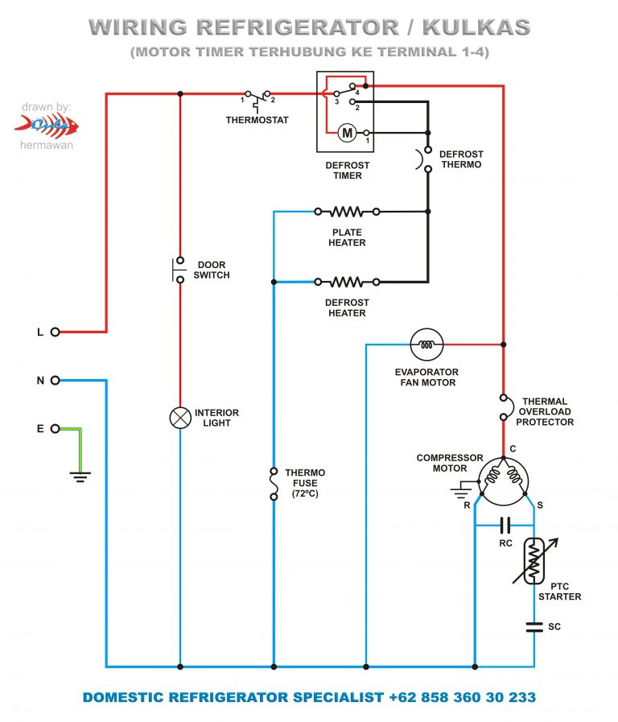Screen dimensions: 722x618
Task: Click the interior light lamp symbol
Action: coord(179,417)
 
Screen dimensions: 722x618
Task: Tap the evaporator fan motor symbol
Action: coord(426,344)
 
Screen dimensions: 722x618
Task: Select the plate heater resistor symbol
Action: coord(347,212)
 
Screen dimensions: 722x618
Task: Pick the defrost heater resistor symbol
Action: coord(347,282)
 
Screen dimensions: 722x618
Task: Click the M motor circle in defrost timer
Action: coord(346,132)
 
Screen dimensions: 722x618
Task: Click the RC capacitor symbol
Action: coord(505,526)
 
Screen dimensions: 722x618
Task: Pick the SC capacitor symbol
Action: coord(534,626)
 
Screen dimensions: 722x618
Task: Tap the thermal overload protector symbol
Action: coord(504,406)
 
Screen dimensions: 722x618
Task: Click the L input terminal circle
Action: coord(56,332)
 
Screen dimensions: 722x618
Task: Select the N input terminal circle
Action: coord(56,381)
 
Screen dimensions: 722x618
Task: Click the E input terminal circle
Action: coord(56,429)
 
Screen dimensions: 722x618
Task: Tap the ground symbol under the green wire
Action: coord(80,476)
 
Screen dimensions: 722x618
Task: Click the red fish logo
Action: coord(47,125)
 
